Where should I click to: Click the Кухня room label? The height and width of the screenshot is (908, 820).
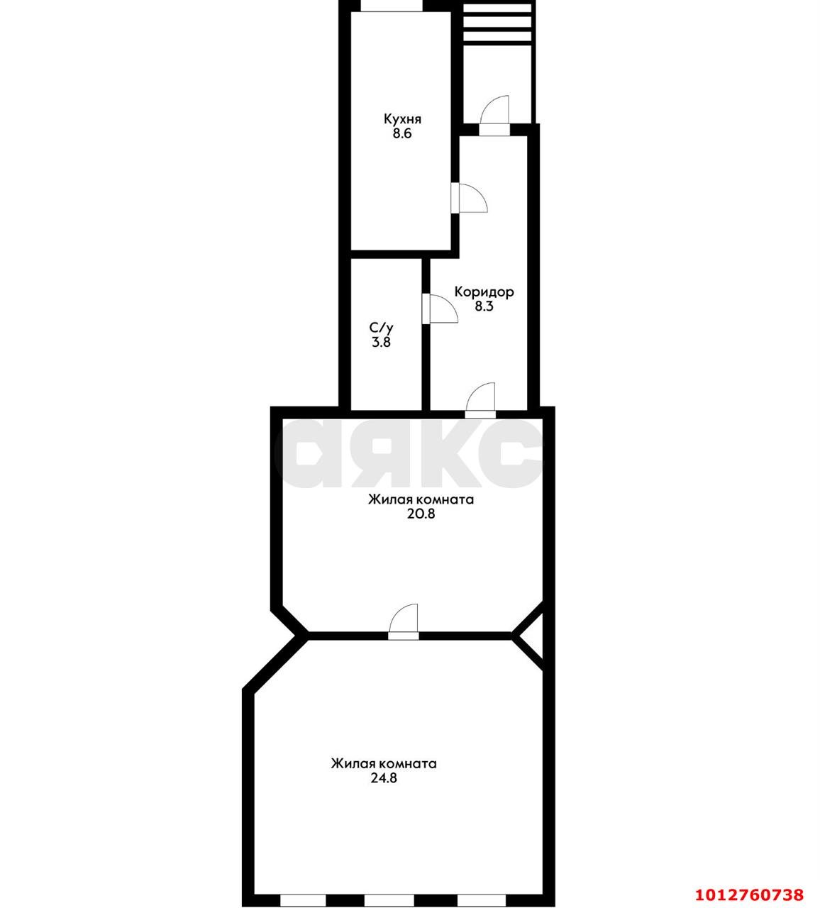point(402,119)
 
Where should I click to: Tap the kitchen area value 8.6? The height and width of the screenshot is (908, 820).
point(402,134)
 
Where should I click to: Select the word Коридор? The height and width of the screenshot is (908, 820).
point(484,292)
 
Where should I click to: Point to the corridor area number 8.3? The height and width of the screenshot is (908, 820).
point(484,306)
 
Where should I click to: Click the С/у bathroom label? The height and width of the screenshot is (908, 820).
point(381,327)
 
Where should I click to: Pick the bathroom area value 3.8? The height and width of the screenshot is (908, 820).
point(381,342)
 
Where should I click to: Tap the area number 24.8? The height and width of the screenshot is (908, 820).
point(384,778)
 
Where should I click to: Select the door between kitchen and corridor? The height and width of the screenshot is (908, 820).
point(469,198)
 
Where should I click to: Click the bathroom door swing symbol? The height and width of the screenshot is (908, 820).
point(440,309)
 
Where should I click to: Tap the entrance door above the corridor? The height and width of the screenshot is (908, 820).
point(494,116)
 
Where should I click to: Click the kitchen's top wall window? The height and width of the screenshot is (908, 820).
point(392,6)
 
